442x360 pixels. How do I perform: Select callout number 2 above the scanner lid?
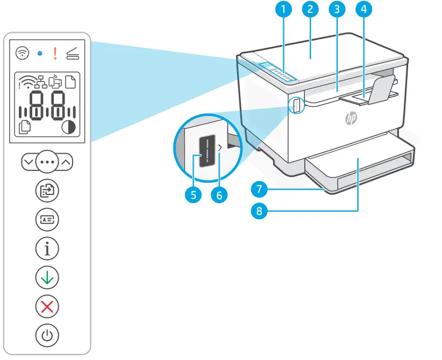pyautogui.click(x=310, y=9)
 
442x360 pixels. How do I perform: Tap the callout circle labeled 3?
pyautogui.click(x=337, y=9)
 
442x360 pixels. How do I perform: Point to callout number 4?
pyautogui.click(x=364, y=9)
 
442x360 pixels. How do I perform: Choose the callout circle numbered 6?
pyautogui.click(x=219, y=195)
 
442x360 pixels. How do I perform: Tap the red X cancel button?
pyautogui.click(x=47, y=307)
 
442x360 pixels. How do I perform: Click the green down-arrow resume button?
pyautogui.click(x=47, y=278)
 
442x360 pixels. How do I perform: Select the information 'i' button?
pyautogui.click(x=47, y=249)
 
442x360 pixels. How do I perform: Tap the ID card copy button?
pyautogui.click(x=47, y=219)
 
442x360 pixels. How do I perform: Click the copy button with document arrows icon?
pyautogui.click(x=47, y=190)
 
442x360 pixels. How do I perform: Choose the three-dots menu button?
pyautogui.click(x=47, y=161)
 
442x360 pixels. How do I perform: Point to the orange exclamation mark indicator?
pyautogui.click(x=55, y=53)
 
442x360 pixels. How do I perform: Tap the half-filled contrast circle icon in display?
pyautogui.click(x=69, y=128)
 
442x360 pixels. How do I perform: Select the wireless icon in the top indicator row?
pyautogui.click(x=23, y=53)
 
